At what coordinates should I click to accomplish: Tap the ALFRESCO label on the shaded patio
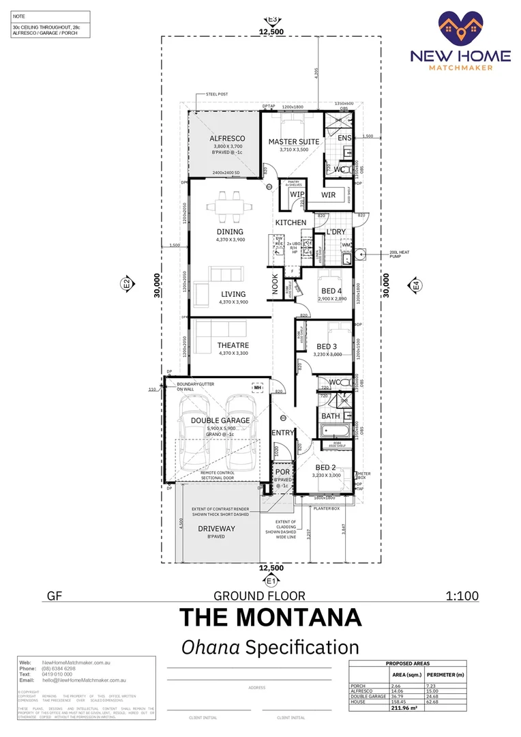[x=227, y=139]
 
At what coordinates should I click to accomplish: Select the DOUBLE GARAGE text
[x=220, y=420]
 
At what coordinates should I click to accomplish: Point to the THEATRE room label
[x=233, y=345]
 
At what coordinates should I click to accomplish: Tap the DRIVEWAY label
[x=216, y=529]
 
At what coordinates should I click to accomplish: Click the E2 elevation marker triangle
[x=126, y=284]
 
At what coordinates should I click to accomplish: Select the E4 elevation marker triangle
[x=416, y=287]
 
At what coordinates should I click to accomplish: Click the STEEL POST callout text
[x=218, y=94]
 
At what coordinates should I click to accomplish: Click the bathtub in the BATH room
[x=335, y=431]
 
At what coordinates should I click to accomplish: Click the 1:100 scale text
[x=462, y=596]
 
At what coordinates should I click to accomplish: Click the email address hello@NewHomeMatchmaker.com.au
[x=85, y=680]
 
